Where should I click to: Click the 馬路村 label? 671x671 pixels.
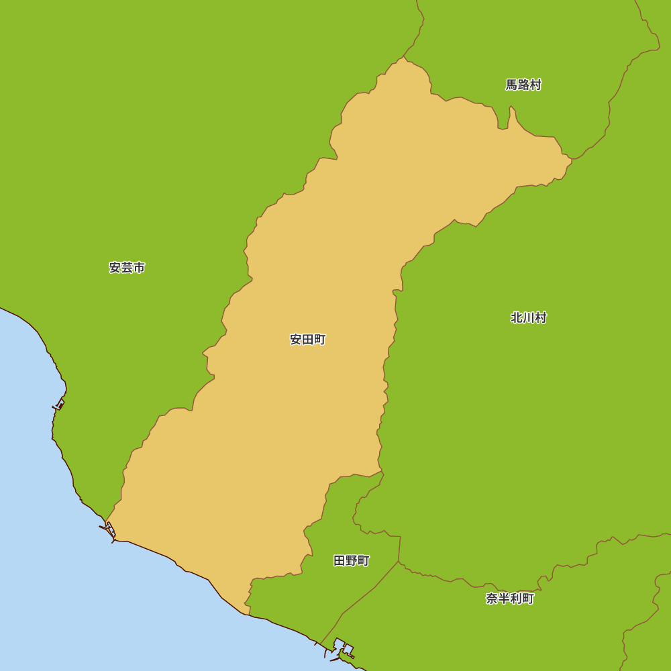(523, 85)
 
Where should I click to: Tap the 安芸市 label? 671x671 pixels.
(127, 268)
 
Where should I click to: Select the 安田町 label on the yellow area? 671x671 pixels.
(307, 340)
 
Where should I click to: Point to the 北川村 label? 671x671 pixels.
(529, 318)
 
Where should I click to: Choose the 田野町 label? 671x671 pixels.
(351, 561)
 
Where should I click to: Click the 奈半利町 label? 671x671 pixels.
(510, 599)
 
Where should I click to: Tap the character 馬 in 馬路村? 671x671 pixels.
(511, 85)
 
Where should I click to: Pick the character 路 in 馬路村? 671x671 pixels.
(523, 85)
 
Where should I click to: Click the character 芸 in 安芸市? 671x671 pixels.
(127, 268)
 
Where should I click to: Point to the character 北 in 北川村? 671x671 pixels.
(517, 318)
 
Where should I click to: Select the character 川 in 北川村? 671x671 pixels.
(529, 318)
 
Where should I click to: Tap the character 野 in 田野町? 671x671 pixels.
(351, 561)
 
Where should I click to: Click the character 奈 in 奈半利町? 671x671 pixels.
(492, 599)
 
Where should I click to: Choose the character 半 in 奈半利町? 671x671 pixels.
(504, 599)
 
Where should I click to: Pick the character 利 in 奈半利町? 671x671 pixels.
(516, 599)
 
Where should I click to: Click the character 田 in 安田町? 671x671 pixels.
(307, 340)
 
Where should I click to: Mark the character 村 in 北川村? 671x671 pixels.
(541, 318)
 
